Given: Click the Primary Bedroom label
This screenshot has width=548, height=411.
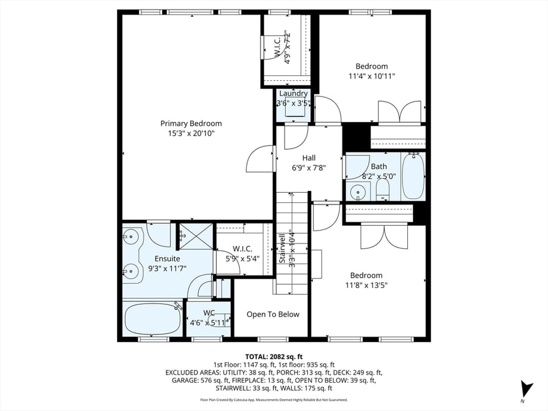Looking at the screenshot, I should click(191, 123).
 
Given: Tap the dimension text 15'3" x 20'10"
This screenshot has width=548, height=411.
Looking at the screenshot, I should click(191, 133).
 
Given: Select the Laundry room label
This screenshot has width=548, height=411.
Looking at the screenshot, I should click(293, 94).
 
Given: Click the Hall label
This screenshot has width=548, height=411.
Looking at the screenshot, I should click(309, 157).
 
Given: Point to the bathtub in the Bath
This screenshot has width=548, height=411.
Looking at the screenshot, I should click(412, 176).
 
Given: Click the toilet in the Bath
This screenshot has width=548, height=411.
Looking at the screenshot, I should click(382, 189).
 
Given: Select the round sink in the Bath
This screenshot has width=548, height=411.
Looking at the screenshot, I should click(357, 192).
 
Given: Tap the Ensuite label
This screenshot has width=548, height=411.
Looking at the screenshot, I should click(167, 258).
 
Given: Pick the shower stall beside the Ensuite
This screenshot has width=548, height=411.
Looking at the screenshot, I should click(195, 236).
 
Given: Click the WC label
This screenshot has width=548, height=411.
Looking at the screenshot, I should click(209, 313).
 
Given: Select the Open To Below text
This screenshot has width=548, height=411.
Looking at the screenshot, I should click(273, 314).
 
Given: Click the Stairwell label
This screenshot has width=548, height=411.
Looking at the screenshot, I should click(282, 251).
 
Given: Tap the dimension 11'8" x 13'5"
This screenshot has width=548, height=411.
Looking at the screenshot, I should click(366, 285).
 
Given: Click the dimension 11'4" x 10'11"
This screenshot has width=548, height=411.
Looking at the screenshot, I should click(371, 76).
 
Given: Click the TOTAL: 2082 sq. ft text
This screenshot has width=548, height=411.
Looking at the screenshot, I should click(274, 357).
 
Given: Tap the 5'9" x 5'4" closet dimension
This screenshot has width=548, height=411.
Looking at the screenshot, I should click(242, 258).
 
